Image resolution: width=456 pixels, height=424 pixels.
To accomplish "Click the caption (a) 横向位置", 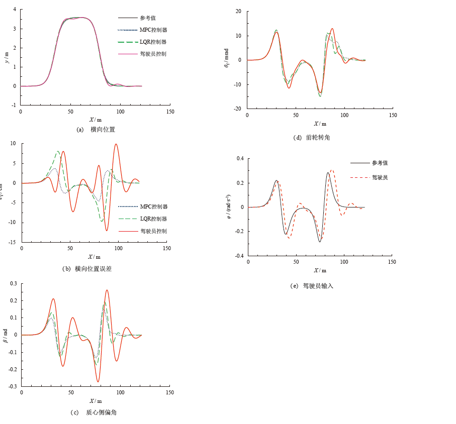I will point(96,130).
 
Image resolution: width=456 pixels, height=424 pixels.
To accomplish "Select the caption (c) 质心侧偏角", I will point(94,412).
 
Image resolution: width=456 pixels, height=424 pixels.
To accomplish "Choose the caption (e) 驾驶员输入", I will point(312,286).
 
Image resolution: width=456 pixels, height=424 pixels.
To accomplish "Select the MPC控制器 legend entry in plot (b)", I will point(153,206).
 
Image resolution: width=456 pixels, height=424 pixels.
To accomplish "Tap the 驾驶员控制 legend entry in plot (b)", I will point(153,231).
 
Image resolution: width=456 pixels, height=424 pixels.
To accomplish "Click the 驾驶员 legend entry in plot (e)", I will point(380,177).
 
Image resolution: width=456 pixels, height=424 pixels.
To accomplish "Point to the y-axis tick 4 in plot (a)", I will point(15,9).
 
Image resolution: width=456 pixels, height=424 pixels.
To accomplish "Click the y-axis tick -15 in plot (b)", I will point(12,242).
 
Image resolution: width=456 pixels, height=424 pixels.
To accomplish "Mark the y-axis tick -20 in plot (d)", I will point(238,109).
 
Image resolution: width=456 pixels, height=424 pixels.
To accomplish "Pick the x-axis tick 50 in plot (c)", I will point(71,392).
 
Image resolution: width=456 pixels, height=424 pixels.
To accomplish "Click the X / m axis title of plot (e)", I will point(320,270).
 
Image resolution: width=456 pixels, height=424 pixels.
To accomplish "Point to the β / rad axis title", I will point(6,335).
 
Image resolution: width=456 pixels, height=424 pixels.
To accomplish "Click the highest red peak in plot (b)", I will point(116,144).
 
